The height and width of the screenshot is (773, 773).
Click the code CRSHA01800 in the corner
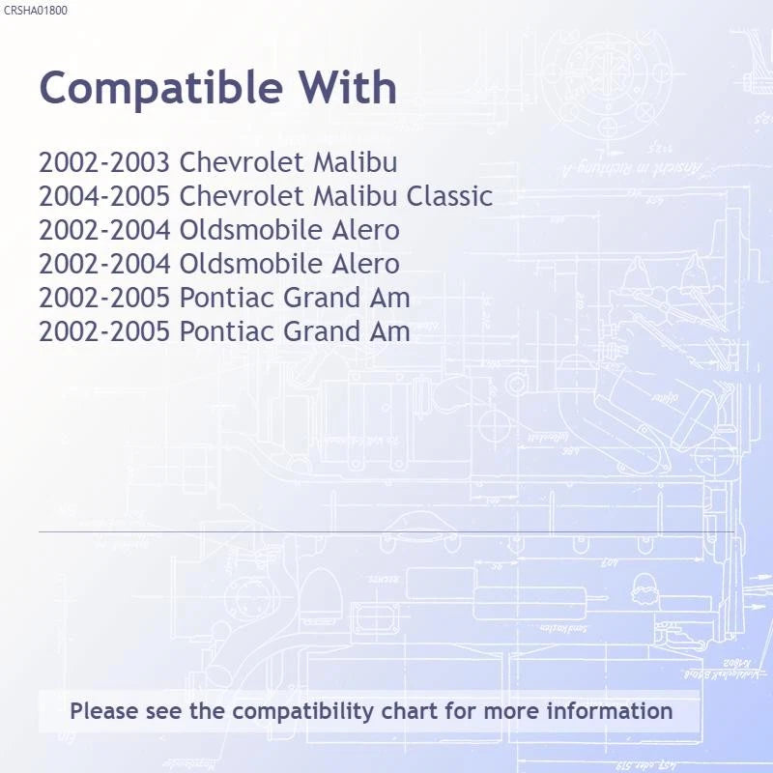pos(36,11)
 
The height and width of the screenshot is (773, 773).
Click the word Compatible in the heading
pos(160,89)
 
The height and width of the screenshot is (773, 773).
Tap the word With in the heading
pos(348,87)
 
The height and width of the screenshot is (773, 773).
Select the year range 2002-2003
pos(104,162)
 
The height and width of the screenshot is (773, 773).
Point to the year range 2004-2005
pos(104,196)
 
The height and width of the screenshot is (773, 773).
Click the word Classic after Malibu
pos(449,196)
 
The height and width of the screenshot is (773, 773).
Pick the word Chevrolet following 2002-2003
pos(243,162)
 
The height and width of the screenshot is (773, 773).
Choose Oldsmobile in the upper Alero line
pos(251,230)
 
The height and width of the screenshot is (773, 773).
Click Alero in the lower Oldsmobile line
pos(365,264)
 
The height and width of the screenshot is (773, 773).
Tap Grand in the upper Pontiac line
pos(322,298)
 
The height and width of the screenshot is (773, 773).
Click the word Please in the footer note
pos(104,711)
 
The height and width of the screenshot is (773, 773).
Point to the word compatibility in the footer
pos(302,712)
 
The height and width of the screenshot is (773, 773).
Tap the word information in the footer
pos(610,711)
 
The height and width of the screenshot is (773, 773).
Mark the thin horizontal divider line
pos(386,532)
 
